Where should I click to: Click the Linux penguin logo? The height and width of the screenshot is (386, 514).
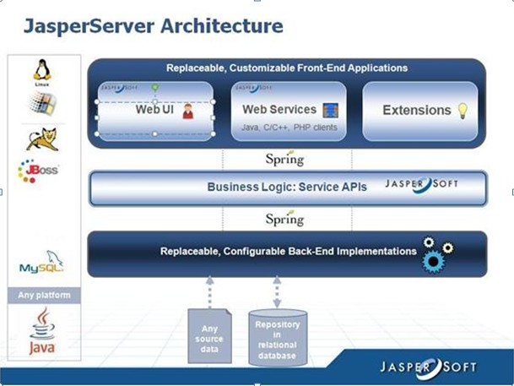pos(41,71)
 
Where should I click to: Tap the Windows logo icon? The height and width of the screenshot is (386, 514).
pos(42,103)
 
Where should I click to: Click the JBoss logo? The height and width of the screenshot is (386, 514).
pos(38,171)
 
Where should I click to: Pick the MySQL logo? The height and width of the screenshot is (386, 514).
pos(41,264)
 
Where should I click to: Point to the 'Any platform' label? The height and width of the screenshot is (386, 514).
pos(45,296)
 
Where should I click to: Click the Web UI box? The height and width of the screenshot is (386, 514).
pos(154,110)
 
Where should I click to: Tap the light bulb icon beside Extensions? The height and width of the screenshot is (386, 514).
pos(463,110)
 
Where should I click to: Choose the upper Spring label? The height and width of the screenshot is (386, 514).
pos(284,159)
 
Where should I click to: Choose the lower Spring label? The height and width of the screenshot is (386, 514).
pos(284,219)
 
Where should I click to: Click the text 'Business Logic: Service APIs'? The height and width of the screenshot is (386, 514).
pos(287,188)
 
